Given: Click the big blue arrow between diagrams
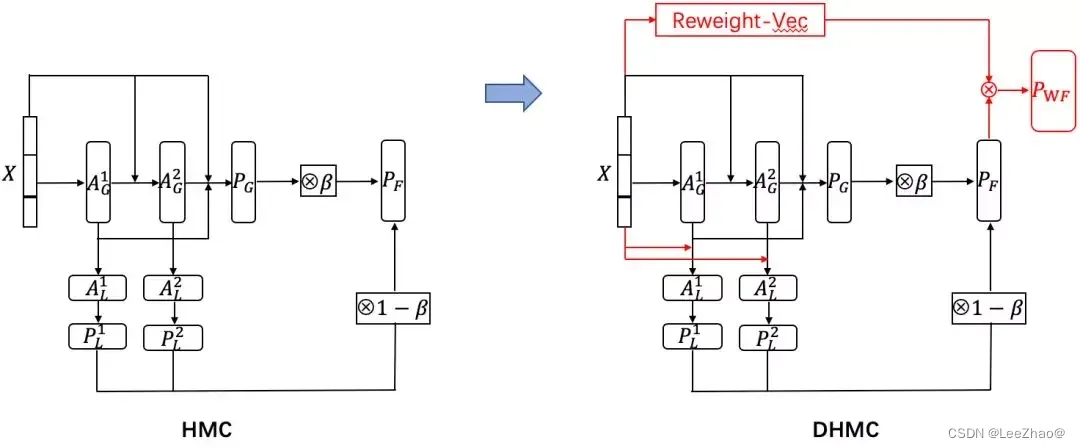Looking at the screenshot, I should (512, 94).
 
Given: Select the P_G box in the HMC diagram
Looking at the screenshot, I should (244, 182).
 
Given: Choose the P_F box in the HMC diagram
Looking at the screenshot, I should (397, 182).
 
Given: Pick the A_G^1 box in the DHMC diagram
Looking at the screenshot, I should (693, 182).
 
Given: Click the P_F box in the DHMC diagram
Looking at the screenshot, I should (990, 182).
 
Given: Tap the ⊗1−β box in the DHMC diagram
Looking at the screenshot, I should (989, 308).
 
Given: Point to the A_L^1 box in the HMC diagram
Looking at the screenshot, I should (98, 288).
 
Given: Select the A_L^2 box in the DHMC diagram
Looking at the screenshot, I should (767, 288).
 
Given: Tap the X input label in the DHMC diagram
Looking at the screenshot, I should (604, 173).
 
